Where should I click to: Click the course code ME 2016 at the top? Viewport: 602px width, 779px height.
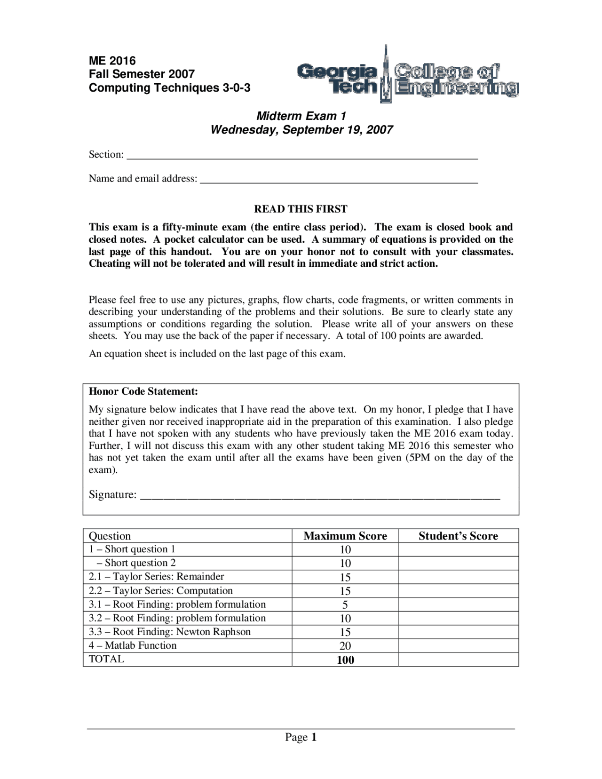point(112,61)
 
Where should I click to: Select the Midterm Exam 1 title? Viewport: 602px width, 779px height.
point(301,116)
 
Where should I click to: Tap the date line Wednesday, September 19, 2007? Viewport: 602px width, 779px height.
point(301,130)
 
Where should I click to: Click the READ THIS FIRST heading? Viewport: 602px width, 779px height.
point(301,209)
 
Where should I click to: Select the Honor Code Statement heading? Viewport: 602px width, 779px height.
point(143,391)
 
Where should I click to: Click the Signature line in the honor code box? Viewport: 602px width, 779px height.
point(320,496)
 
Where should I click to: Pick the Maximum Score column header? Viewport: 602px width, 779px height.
point(345,536)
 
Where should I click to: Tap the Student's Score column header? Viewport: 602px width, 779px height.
point(458,536)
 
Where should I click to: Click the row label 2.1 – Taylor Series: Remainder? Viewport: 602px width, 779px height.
point(157,577)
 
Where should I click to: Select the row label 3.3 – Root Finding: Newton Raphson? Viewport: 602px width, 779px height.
point(170,632)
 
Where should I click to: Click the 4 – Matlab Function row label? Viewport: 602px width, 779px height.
point(133,645)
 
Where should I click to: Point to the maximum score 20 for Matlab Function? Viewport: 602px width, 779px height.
point(345,646)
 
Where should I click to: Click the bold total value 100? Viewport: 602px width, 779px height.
point(345,660)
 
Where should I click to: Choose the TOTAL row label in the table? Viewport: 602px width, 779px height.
point(106,659)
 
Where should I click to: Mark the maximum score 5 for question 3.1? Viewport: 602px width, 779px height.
point(345,605)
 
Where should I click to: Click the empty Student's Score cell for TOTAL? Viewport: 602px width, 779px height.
point(458,660)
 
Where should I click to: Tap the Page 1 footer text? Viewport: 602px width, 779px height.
point(301,737)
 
